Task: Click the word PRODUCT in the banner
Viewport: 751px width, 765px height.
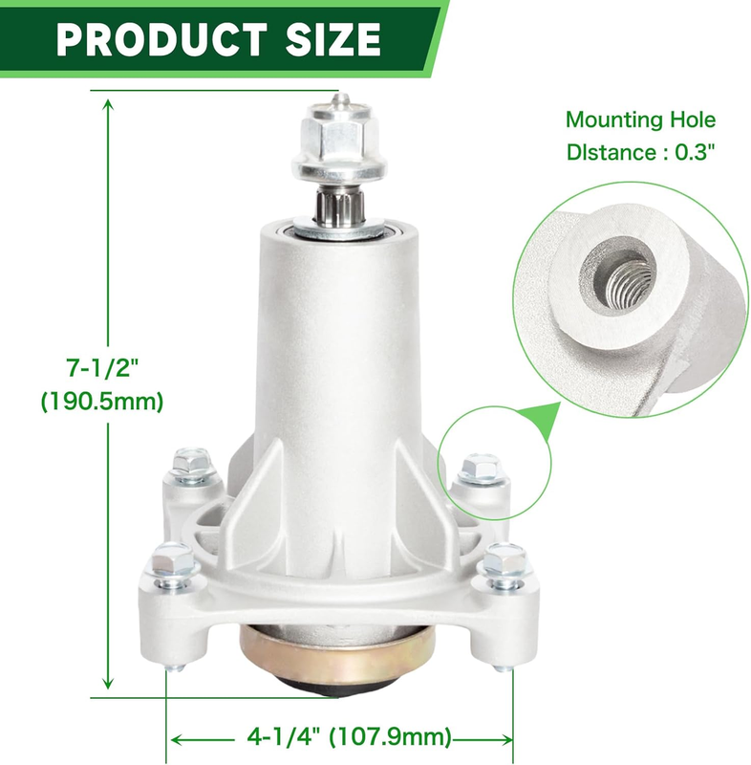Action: tap(161, 39)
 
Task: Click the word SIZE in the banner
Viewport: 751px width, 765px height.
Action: tap(333, 39)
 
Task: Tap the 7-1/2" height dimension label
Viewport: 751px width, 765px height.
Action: tap(103, 367)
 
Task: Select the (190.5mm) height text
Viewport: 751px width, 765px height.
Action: tap(102, 402)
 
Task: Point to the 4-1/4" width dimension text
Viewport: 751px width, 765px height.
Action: tap(284, 736)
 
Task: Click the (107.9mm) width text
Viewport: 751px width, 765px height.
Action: tap(391, 736)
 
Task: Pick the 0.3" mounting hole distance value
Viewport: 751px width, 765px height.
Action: tap(695, 152)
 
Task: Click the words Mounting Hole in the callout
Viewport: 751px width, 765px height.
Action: tap(641, 120)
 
